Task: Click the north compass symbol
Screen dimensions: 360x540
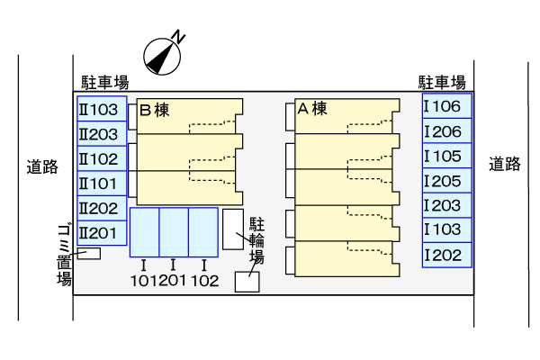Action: click(x=164, y=55)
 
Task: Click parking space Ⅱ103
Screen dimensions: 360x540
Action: click(x=101, y=110)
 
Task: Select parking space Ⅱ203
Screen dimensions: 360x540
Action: click(x=101, y=134)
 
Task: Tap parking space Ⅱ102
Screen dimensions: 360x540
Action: click(x=101, y=158)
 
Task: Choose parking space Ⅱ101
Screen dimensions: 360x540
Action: click(x=101, y=184)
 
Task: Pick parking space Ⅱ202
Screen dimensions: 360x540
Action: click(x=101, y=208)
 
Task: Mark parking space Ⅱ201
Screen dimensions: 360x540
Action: click(x=101, y=233)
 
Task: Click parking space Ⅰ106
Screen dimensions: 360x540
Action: click(x=446, y=107)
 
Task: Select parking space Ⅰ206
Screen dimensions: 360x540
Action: click(x=446, y=131)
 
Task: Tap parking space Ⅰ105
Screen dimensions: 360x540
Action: click(x=446, y=156)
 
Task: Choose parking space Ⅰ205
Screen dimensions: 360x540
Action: click(x=446, y=181)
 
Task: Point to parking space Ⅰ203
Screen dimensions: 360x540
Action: click(x=446, y=205)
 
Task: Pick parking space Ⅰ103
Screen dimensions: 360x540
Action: click(x=446, y=229)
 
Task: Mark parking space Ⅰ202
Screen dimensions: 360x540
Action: click(x=446, y=255)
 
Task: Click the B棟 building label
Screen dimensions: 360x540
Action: click(x=154, y=111)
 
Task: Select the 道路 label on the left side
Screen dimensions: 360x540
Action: click(x=42, y=166)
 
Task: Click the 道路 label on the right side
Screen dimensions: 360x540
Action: click(x=505, y=164)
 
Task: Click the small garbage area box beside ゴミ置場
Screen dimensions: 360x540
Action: click(x=88, y=254)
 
